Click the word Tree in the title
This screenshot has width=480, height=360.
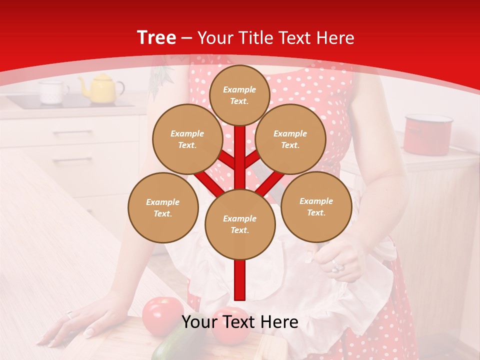click(156, 38)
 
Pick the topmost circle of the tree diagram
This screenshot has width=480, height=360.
click(239, 95)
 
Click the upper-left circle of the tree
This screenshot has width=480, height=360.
click(187, 139)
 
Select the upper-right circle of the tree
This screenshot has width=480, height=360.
click(290, 139)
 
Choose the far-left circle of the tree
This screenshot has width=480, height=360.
click(163, 207)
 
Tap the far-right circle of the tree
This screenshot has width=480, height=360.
click(316, 206)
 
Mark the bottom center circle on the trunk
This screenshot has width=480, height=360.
click(240, 224)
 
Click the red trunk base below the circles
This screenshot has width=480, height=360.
click(240, 280)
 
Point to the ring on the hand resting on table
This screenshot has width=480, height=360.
click(69, 315)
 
